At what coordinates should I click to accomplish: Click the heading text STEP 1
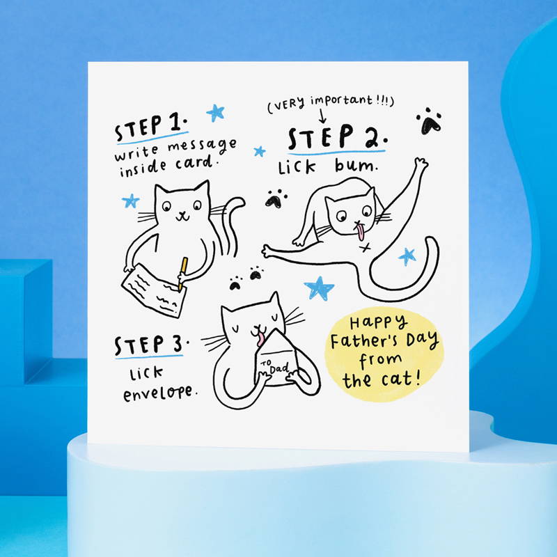(151, 127)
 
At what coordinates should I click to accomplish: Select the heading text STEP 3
(151, 345)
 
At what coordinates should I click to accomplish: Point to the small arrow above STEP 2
(322, 116)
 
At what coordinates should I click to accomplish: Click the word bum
(355, 166)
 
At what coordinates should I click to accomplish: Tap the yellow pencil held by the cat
(182, 274)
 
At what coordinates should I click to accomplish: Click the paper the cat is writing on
(154, 291)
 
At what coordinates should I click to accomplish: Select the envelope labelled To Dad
(279, 359)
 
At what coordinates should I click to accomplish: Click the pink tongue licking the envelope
(260, 339)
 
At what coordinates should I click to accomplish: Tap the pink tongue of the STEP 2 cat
(361, 231)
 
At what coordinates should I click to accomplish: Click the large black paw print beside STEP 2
(429, 121)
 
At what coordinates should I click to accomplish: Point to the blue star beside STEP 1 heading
(216, 113)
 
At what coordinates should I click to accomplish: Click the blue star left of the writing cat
(131, 201)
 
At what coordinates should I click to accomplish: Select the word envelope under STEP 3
(159, 393)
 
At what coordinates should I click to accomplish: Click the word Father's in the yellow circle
(364, 340)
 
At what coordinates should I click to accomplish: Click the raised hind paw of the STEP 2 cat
(421, 164)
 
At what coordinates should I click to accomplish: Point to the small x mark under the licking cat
(365, 248)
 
